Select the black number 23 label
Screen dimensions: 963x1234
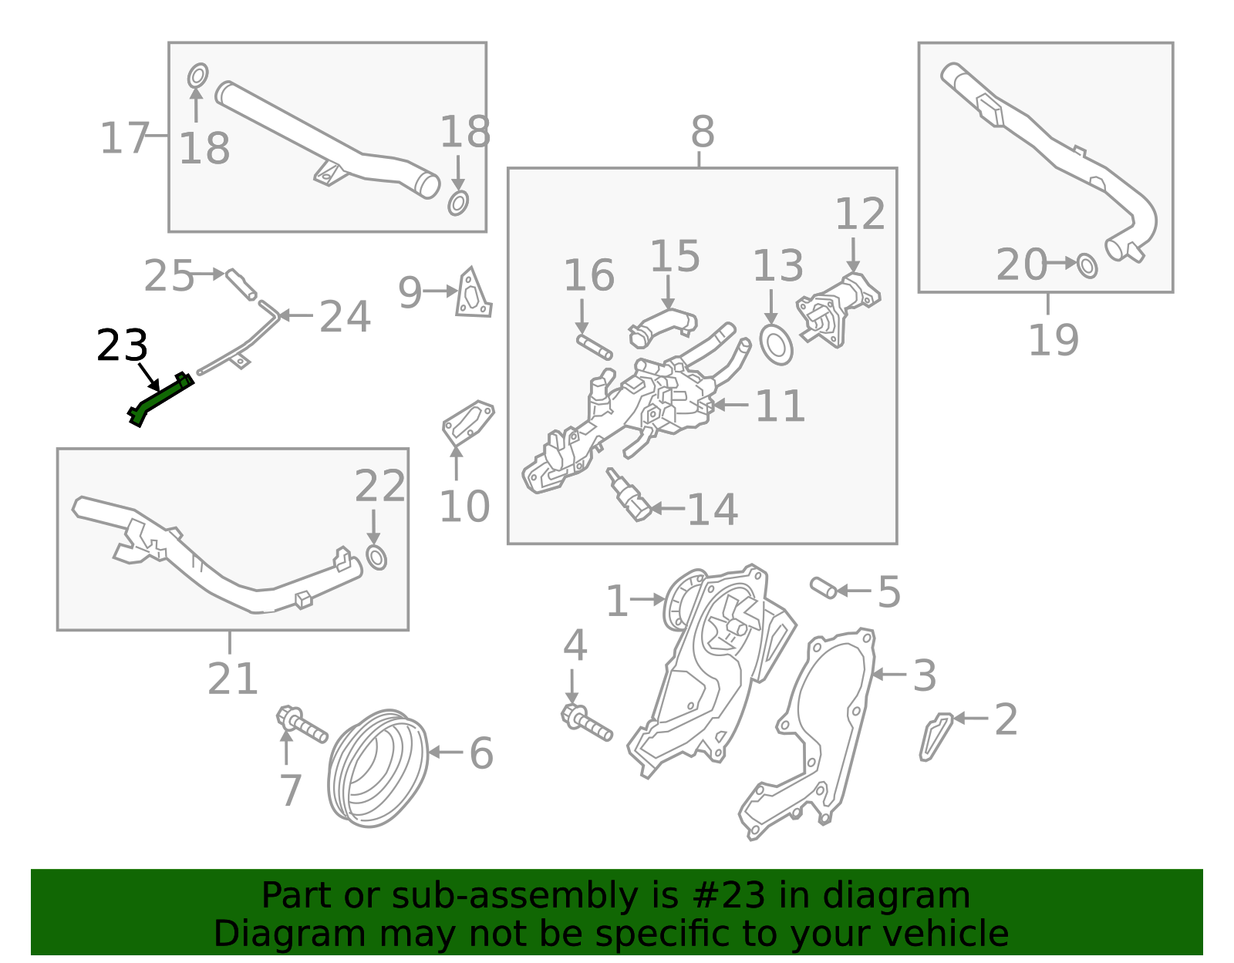pyautogui.click(x=122, y=346)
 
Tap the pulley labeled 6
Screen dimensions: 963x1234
pyautogui.click(x=377, y=769)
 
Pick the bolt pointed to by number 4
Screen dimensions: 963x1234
pyautogui.click(x=587, y=722)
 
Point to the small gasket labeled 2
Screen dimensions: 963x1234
pyautogui.click(x=935, y=736)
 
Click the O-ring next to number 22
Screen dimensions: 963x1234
pyautogui.click(x=376, y=557)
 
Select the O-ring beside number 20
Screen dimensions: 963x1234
pyautogui.click(x=1087, y=266)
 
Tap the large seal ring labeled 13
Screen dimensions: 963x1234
pyautogui.click(x=776, y=345)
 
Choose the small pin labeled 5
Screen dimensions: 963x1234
pyautogui.click(x=823, y=588)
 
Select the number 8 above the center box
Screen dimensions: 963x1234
pyautogui.click(x=702, y=133)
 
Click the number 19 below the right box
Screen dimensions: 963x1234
pyautogui.click(x=1053, y=340)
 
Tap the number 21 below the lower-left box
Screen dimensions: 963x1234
pyautogui.click(x=231, y=679)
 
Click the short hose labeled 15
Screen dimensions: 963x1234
pyautogui.click(x=663, y=324)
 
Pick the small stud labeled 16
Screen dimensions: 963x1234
pyautogui.click(x=594, y=346)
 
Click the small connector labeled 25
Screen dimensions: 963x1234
pyautogui.click(x=240, y=283)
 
